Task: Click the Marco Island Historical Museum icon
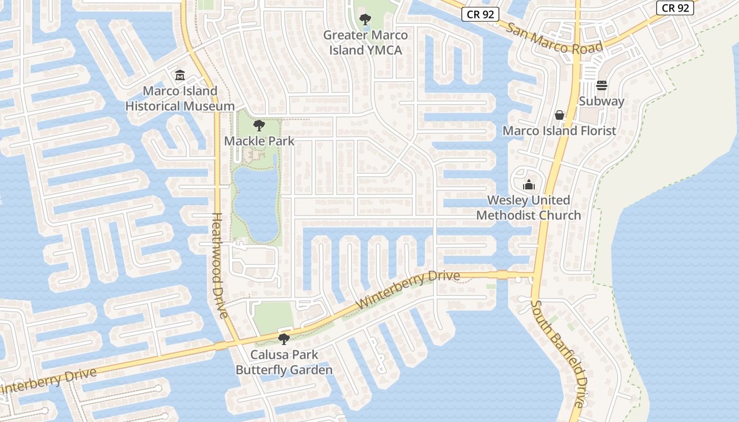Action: click(x=180, y=75)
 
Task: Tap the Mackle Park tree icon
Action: click(x=259, y=126)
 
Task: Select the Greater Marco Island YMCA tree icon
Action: click(x=365, y=20)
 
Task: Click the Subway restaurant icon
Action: click(x=602, y=85)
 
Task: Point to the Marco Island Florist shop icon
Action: click(x=560, y=115)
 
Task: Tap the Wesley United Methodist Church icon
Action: click(x=528, y=185)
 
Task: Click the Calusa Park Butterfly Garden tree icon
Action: click(x=284, y=339)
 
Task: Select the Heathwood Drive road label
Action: click(x=220, y=265)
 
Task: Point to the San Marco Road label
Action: click(x=554, y=39)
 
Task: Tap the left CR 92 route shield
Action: click(x=480, y=14)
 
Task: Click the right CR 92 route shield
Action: click(x=675, y=7)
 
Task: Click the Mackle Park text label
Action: click(x=259, y=141)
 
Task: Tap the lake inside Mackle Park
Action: click(x=255, y=203)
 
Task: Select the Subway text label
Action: click(x=602, y=101)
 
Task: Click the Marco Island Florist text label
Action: click(x=559, y=131)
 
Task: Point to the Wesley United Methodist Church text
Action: click(x=528, y=208)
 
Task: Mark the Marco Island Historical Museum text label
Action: click(x=180, y=98)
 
